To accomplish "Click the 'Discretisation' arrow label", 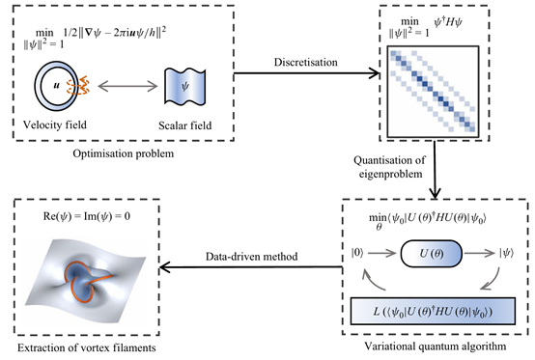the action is tap(306, 62).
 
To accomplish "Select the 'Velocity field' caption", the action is tap(55, 125).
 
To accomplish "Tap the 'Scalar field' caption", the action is tap(184, 125).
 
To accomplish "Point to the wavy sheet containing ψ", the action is tap(184, 86).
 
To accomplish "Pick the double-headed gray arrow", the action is tap(127, 86).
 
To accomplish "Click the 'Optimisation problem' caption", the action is tap(124, 153).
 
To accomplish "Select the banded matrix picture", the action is tap(433, 92).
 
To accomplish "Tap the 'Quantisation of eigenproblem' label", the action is tap(390, 167).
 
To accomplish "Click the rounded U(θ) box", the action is tap(432, 254).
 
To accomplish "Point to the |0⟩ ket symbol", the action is tap(357, 253).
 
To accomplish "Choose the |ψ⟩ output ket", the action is tap(506, 253).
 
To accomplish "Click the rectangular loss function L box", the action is tap(433, 311).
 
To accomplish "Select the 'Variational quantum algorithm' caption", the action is tap(436, 346).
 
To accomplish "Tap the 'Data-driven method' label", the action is tap(251, 257).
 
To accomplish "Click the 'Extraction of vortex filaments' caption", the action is tap(87, 348).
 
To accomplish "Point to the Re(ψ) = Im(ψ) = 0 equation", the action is tap(87, 216).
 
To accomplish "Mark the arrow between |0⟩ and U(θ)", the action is tap(382, 253).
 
